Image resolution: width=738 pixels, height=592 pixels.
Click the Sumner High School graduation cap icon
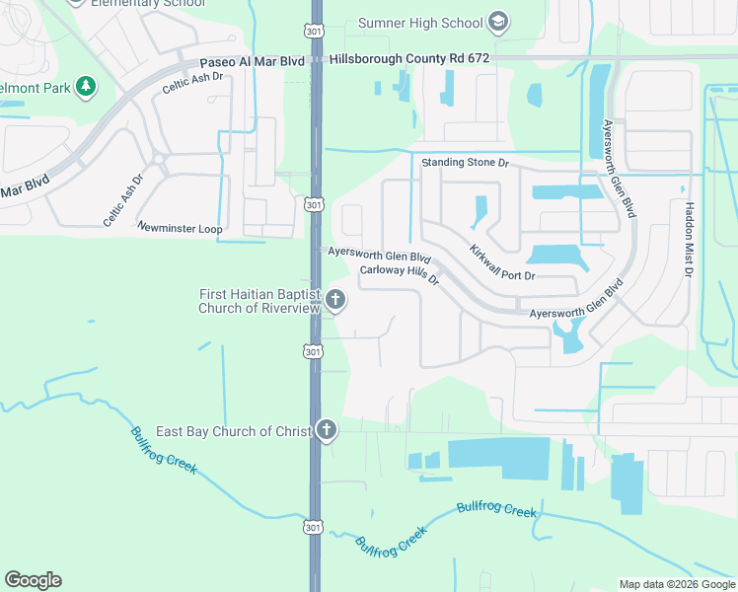pos(499,22)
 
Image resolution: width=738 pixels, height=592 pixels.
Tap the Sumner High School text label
pos(420,23)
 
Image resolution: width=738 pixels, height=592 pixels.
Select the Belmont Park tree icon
pos(87,86)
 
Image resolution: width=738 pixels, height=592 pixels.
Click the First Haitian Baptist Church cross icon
pos(335,300)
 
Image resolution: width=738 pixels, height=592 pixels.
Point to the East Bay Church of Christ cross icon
pos(326,430)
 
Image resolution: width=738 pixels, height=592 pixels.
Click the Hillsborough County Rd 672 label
pos(409,59)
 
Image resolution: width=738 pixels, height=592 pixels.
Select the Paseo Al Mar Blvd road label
pos(252,61)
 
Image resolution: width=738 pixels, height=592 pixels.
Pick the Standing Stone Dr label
pos(465,162)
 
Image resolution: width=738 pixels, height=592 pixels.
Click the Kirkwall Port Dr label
pos(502,262)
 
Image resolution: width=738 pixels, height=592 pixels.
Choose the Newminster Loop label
pos(181,228)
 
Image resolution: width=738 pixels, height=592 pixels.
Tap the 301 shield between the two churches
pos(313,352)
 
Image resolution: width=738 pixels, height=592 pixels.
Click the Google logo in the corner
pos(33,580)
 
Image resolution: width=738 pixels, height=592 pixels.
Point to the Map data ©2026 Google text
pos(676,584)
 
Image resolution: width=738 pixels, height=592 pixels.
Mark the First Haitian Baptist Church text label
pos(259,301)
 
